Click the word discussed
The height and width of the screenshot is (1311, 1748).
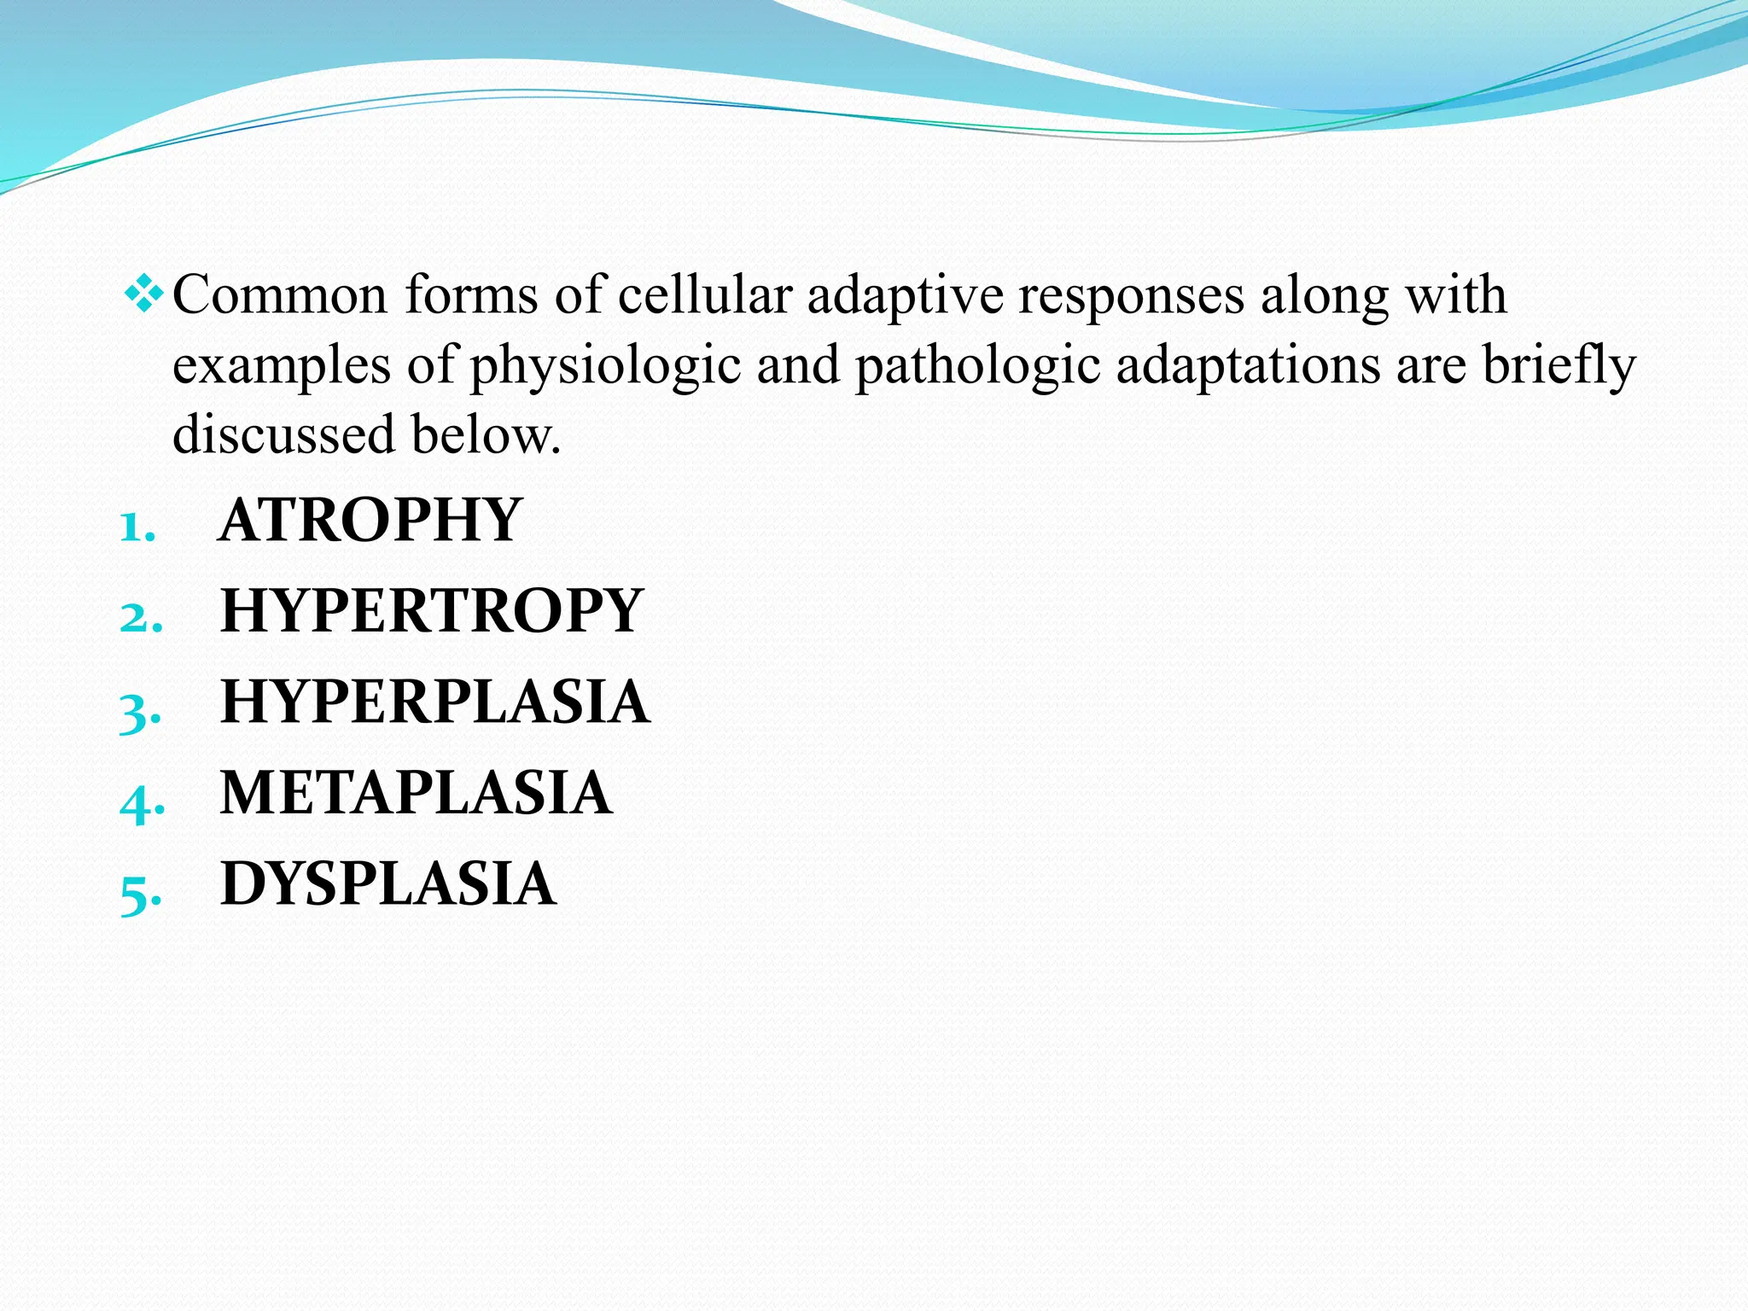[283, 434]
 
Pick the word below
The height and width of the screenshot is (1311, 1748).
[486, 434]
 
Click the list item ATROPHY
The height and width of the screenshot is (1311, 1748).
[370, 520]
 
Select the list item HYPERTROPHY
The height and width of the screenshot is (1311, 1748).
[431, 611]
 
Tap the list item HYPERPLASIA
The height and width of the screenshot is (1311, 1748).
[434, 702]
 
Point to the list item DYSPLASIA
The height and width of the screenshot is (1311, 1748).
[388, 884]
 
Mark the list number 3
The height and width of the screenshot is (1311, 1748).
[140, 711]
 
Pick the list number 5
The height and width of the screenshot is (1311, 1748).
[140, 893]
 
